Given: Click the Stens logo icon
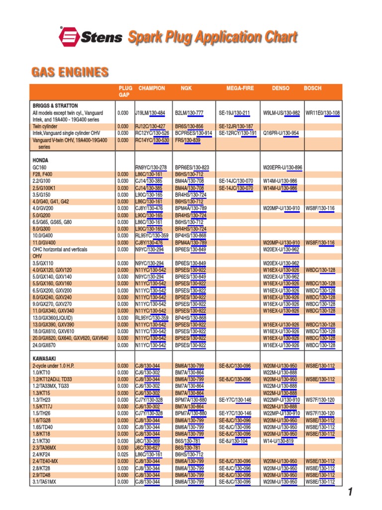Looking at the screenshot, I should pos(68,37).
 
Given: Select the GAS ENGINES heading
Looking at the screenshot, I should pos(70,72).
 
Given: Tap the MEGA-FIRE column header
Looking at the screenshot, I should pos(240,88).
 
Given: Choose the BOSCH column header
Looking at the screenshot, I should pos(312,88).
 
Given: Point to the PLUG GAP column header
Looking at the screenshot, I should pos(125,91).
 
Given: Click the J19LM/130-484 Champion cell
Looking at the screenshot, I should pos(150,113).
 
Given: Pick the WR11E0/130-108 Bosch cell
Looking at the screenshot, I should pos(322,113).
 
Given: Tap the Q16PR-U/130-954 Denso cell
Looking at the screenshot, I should pos(281,133).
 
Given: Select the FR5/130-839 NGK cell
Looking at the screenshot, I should pos(188,140).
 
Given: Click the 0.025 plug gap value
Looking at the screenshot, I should pos(123,454).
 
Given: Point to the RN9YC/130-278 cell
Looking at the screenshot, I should pos(151,167).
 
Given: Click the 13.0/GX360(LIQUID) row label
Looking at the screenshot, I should pos(55,318).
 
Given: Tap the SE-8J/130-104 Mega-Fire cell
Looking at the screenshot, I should pos(233,440).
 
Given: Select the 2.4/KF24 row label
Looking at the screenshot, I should pos(44,454).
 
